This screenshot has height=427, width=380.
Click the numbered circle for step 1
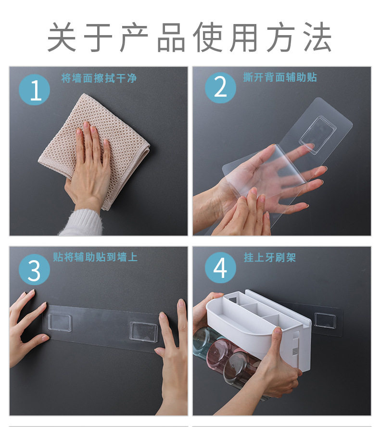(34, 89)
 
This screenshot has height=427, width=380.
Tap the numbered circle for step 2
(220, 88)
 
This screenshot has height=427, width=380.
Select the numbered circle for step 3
(34, 270)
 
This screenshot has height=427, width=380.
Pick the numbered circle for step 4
(220, 268)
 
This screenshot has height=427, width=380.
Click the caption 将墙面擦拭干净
(99, 78)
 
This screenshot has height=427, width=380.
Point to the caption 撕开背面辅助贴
(280, 77)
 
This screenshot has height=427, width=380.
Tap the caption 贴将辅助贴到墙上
(95, 257)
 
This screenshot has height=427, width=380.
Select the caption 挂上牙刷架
(270, 257)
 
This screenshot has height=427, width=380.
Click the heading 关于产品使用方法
(190, 37)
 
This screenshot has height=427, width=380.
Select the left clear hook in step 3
(60, 323)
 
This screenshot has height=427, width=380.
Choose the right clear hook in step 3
(143, 331)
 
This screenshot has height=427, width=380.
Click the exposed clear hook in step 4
(325, 320)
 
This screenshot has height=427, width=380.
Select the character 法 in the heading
(317, 37)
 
